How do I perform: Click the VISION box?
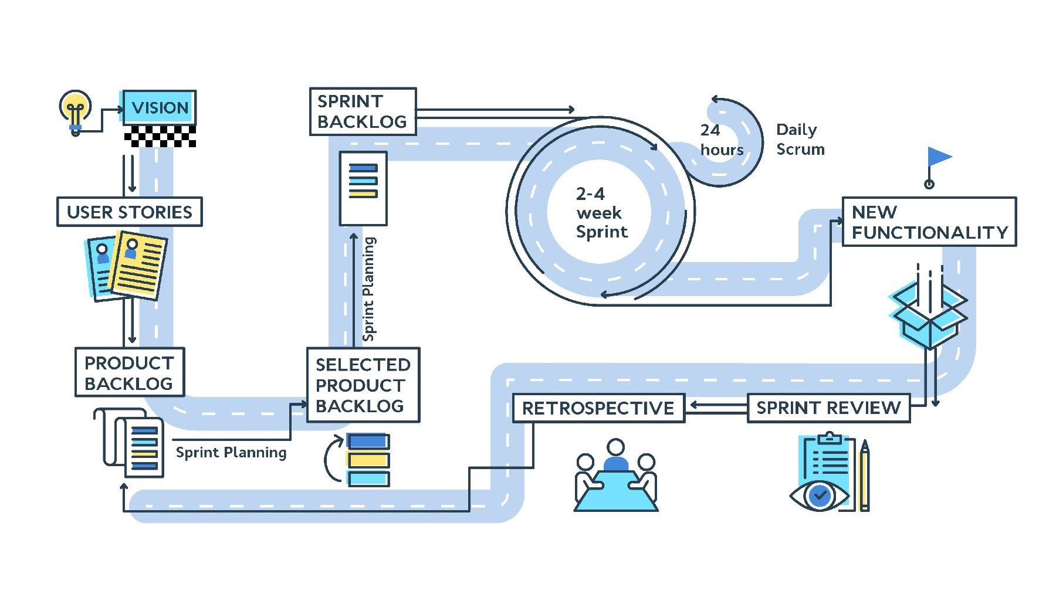(x=160, y=107)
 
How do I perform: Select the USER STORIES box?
(x=130, y=212)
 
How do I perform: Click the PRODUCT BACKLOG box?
(x=130, y=373)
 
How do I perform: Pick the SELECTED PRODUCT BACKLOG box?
(x=363, y=385)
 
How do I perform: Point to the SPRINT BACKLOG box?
(x=363, y=111)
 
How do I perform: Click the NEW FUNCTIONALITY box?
(x=929, y=222)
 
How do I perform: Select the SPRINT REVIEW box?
(x=828, y=408)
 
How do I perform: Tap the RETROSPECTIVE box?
(x=598, y=408)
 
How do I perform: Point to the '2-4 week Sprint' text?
(x=601, y=213)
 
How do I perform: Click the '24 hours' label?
(x=721, y=140)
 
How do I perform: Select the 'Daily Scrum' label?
(x=800, y=140)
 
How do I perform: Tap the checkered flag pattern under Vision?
(x=160, y=136)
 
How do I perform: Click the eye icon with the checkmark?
(x=820, y=496)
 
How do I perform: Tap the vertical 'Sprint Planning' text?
(x=368, y=289)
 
